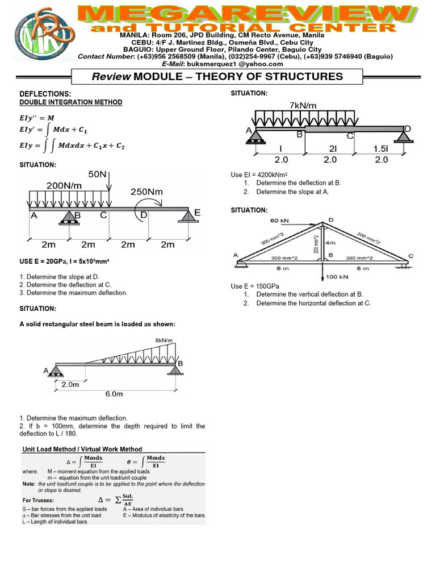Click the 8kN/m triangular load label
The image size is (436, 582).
pos(165,340)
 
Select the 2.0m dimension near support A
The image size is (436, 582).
pos(71,384)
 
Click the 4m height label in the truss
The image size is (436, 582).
pos(331,243)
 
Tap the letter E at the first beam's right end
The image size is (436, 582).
pos(197,212)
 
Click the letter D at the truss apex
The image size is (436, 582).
pos(331,219)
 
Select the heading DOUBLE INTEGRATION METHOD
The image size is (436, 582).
pos(71,102)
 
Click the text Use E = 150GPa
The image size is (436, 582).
pos(255,285)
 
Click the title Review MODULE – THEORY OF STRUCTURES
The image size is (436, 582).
pos(217,77)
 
